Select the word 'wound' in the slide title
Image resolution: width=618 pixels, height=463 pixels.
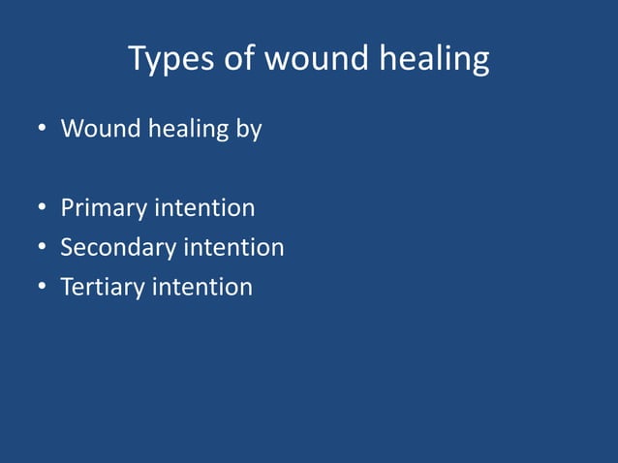311,60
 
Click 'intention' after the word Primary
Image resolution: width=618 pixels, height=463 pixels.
205,208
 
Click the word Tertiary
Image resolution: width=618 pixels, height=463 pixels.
103,288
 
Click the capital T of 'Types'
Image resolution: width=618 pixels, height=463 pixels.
138,60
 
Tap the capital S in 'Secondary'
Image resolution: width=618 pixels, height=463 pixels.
67,248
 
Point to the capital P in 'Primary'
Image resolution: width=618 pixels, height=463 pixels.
68,208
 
